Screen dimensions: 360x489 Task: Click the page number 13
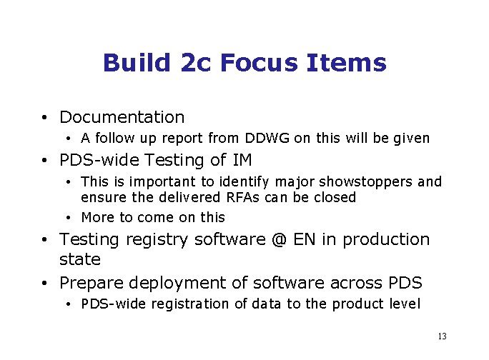(x=441, y=336)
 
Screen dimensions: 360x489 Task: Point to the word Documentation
(x=122, y=117)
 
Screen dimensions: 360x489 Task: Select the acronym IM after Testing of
(x=241, y=160)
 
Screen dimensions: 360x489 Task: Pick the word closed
(x=334, y=197)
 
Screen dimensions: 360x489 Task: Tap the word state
(x=79, y=259)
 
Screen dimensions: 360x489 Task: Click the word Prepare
(x=88, y=283)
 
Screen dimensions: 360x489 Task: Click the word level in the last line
(x=404, y=304)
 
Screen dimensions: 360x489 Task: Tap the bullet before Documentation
(x=44, y=118)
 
